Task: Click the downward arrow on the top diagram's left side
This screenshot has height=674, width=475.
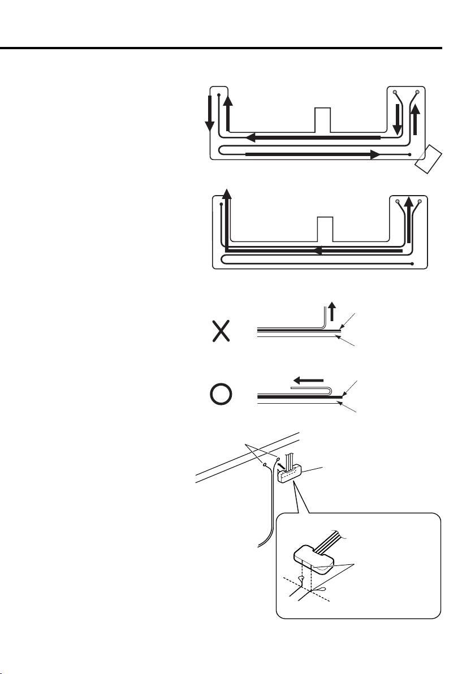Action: [209, 113]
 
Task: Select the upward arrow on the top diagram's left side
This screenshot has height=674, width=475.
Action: [227, 113]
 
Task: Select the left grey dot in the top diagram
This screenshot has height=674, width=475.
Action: [395, 92]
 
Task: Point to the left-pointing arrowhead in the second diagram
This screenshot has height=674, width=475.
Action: [319, 250]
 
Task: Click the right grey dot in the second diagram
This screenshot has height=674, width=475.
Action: [419, 201]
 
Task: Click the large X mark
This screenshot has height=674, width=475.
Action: [221, 330]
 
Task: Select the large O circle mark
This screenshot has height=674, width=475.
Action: [221, 395]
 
